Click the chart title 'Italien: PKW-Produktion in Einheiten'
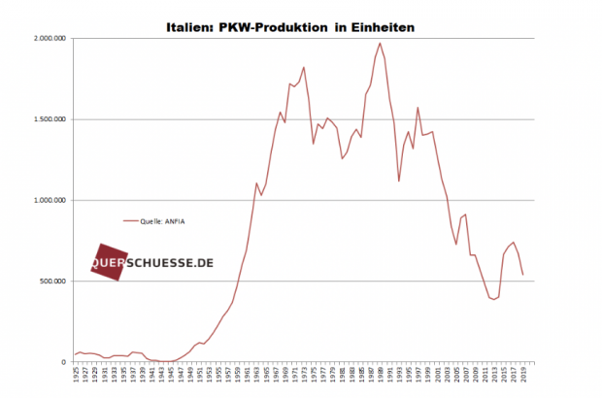291,27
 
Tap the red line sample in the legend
133,220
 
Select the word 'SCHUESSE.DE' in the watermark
169,263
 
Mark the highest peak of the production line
380,43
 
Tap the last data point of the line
522,275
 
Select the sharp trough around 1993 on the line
399,181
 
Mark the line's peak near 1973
304,67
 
